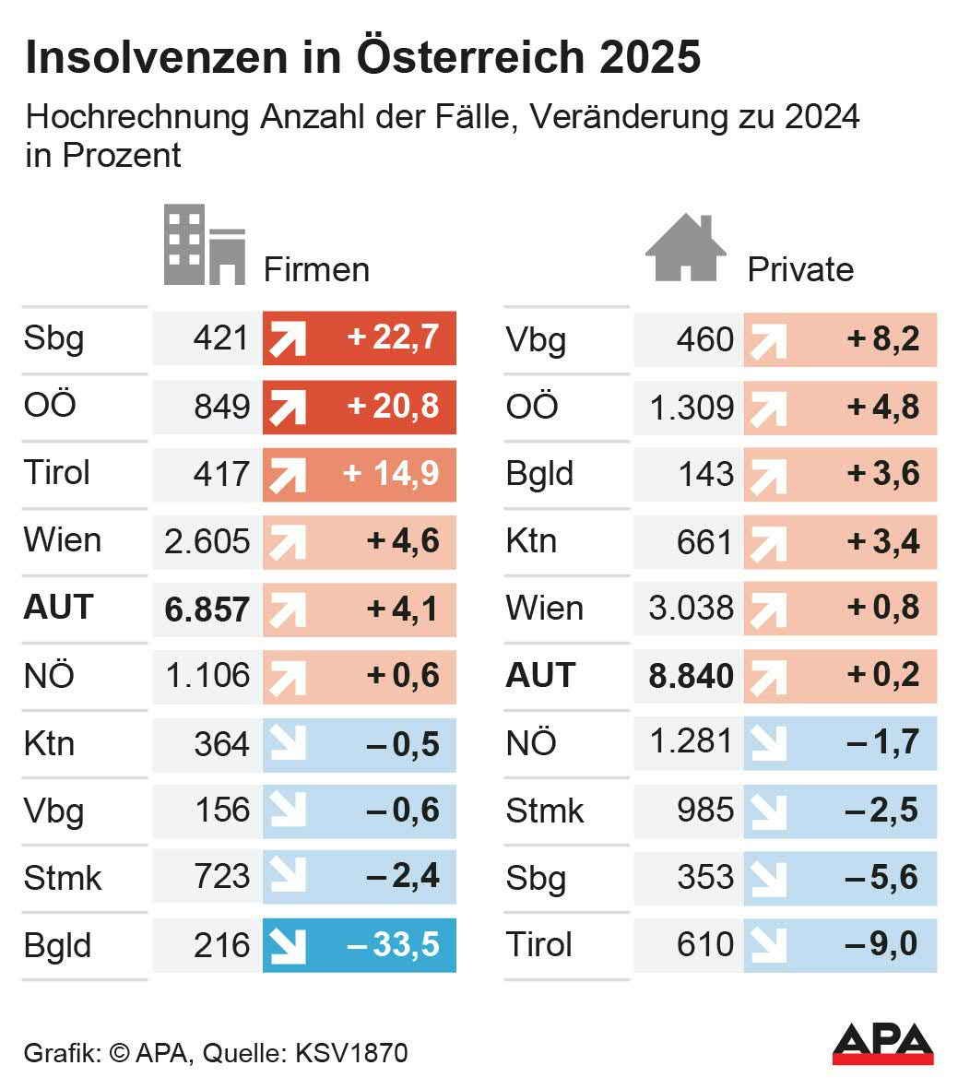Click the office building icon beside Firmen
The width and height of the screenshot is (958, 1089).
pyautogui.click(x=205, y=245)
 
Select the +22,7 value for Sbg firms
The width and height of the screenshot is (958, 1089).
pyautogui.click(x=393, y=338)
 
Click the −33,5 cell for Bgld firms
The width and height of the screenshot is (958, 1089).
pyautogui.click(x=393, y=945)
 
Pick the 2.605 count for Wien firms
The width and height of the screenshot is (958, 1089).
pyautogui.click(x=207, y=541)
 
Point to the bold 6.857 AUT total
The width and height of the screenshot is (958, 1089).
pyautogui.click(x=207, y=610)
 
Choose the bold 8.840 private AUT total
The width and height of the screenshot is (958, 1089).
pyautogui.click(x=691, y=676)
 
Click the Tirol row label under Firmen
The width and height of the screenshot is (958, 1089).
pyautogui.click(x=57, y=473)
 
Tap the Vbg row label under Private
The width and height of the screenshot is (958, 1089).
pyautogui.click(x=536, y=340)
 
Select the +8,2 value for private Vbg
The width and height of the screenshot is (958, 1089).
pyautogui.click(x=883, y=339)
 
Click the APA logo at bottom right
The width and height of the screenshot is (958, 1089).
pyautogui.click(x=882, y=1042)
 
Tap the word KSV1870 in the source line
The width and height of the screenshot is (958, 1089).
pyautogui.click(x=350, y=1053)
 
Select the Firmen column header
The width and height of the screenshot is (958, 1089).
pyautogui.click(x=316, y=269)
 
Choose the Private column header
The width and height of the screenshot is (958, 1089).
pyautogui.click(x=799, y=269)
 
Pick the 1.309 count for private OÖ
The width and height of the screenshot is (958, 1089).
pyautogui.click(x=692, y=407)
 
